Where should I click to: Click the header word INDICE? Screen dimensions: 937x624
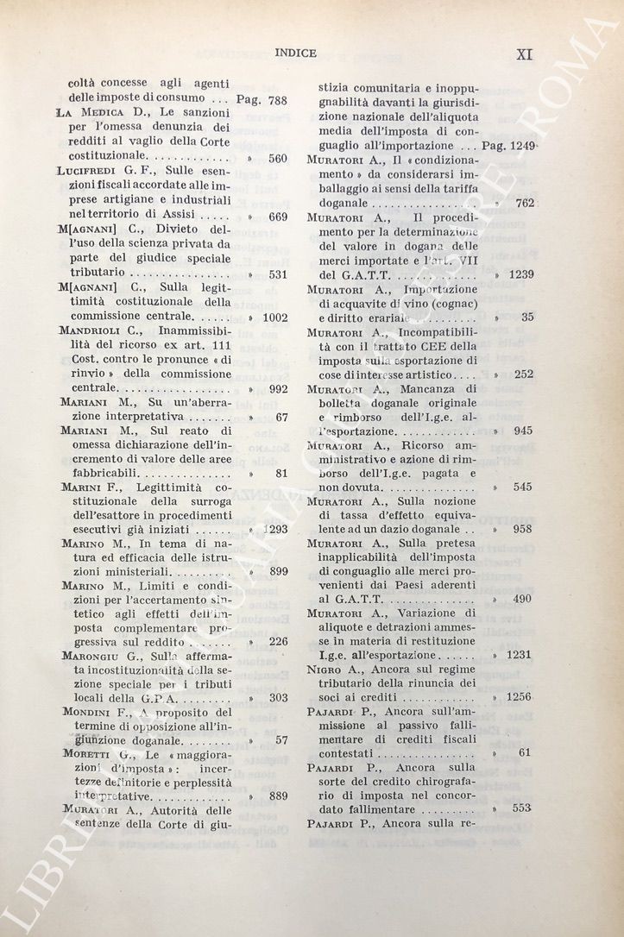[295, 53]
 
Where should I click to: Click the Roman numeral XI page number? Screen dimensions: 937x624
[524, 54]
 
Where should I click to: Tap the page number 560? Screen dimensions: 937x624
[277, 159]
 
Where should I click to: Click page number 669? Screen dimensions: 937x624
[277, 217]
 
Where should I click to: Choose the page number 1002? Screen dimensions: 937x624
[274, 318]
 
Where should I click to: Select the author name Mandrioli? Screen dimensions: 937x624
[92, 332]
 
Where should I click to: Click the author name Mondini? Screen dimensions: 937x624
[89, 712]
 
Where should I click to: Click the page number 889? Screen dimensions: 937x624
[277, 796]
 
